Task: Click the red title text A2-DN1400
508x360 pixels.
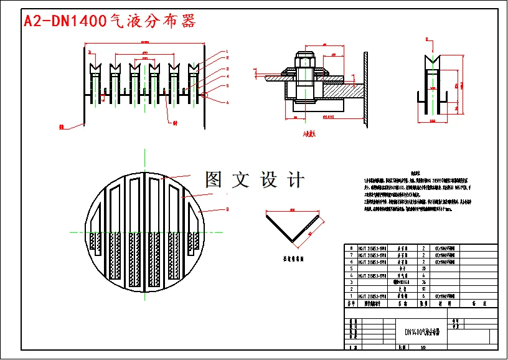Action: tap(65, 21)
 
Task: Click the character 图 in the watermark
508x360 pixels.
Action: tap(214, 180)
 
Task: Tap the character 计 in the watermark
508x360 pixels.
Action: tap(296, 180)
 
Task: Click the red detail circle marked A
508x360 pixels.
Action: tap(204, 95)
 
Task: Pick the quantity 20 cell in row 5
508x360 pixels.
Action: tap(423, 268)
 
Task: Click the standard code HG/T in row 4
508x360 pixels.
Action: tap(367, 274)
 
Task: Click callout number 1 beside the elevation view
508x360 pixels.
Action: tap(227, 52)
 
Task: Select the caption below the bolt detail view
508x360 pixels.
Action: tap(309, 133)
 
